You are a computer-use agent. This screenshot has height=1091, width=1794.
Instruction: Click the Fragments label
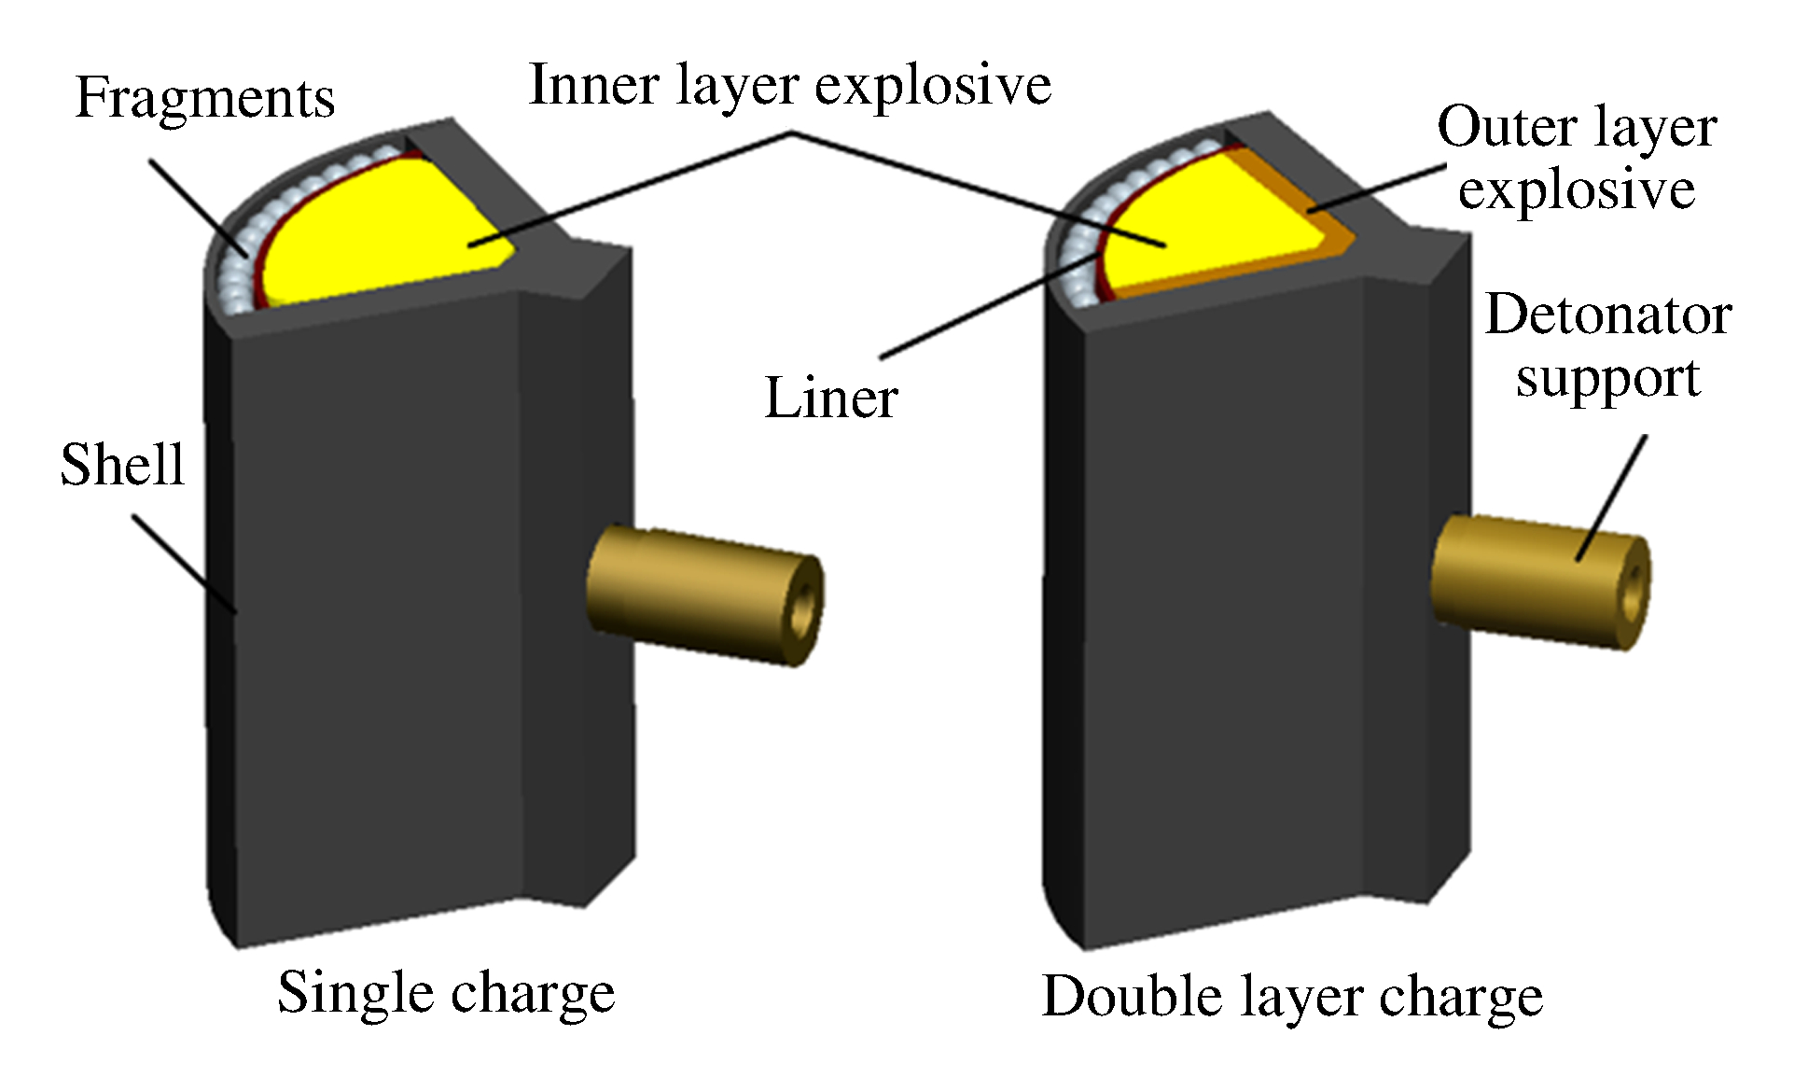pyautogui.click(x=204, y=98)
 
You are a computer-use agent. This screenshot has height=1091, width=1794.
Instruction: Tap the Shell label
pyautogui.click(x=122, y=465)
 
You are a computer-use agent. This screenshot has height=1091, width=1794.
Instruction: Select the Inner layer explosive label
pyautogui.click(x=789, y=86)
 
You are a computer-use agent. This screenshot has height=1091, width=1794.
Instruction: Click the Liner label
pyautogui.click(x=830, y=399)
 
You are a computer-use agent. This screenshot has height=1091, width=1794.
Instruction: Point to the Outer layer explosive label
pyautogui.click(x=1576, y=158)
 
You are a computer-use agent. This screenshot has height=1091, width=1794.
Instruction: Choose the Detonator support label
pyautogui.click(x=1607, y=346)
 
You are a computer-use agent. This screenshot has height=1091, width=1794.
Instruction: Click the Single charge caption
pyautogui.click(x=446, y=993)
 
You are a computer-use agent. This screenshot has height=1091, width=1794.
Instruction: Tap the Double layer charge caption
pyautogui.click(x=1292, y=997)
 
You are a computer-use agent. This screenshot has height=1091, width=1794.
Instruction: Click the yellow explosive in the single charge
pyautogui.click(x=392, y=233)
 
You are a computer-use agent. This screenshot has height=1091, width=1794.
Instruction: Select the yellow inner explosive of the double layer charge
pyautogui.click(x=1203, y=233)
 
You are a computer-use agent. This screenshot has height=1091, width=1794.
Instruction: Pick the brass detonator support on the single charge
pyautogui.click(x=690, y=593)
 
